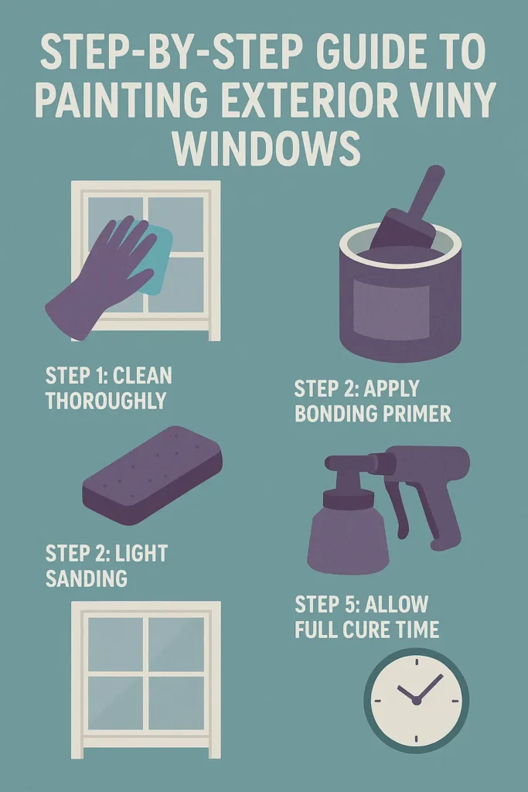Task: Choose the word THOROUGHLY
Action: (105, 401)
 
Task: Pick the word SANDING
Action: (87, 578)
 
